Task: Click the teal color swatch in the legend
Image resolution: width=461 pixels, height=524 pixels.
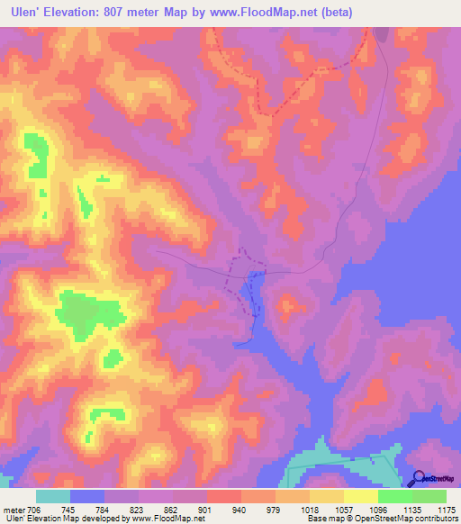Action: [53, 496]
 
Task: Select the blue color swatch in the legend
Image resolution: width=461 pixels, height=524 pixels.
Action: [87, 496]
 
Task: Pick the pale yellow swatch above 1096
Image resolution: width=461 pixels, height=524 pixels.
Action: [361, 496]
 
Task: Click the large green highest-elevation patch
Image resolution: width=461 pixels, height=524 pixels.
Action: [87, 312]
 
